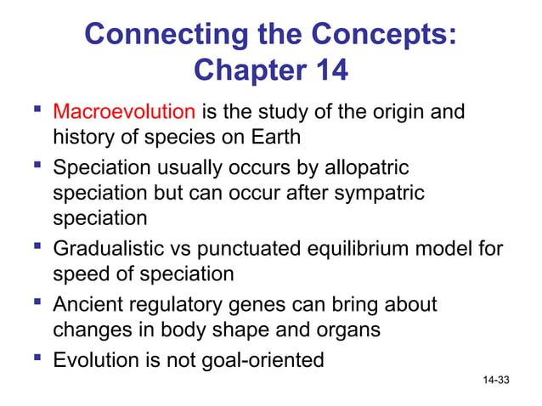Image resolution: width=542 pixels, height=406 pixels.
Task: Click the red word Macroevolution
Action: click(x=124, y=111)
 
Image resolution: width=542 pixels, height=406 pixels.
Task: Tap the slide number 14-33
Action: click(x=496, y=379)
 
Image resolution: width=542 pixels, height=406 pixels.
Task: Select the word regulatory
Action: click(x=179, y=304)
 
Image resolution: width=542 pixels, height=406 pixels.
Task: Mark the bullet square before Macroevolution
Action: click(x=36, y=110)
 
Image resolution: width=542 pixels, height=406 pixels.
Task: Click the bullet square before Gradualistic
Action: click(x=36, y=248)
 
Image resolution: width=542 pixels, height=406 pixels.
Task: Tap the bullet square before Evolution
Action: click(x=36, y=358)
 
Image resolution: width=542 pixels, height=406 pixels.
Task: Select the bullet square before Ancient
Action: click(x=36, y=303)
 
